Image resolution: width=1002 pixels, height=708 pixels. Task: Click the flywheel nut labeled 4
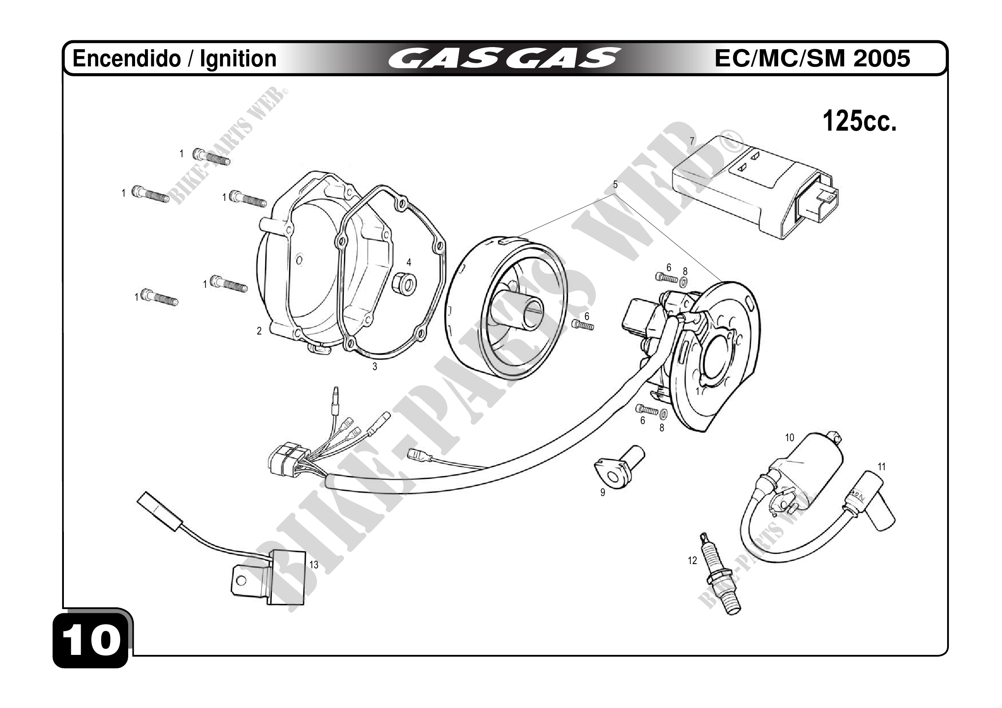click(x=405, y=285)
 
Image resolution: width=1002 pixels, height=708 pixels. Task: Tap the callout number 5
click(x=615, y=185)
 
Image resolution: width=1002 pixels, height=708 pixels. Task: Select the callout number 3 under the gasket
click(x=374, y=367)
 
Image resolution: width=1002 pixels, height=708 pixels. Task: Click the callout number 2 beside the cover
click(x=259, y=331)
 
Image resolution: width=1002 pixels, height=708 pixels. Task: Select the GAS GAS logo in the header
click(x=504, y=59)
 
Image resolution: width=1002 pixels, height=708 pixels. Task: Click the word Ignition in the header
click(x=238, y=58)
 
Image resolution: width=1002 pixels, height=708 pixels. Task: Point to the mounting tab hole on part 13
click(x=240, y=581)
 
